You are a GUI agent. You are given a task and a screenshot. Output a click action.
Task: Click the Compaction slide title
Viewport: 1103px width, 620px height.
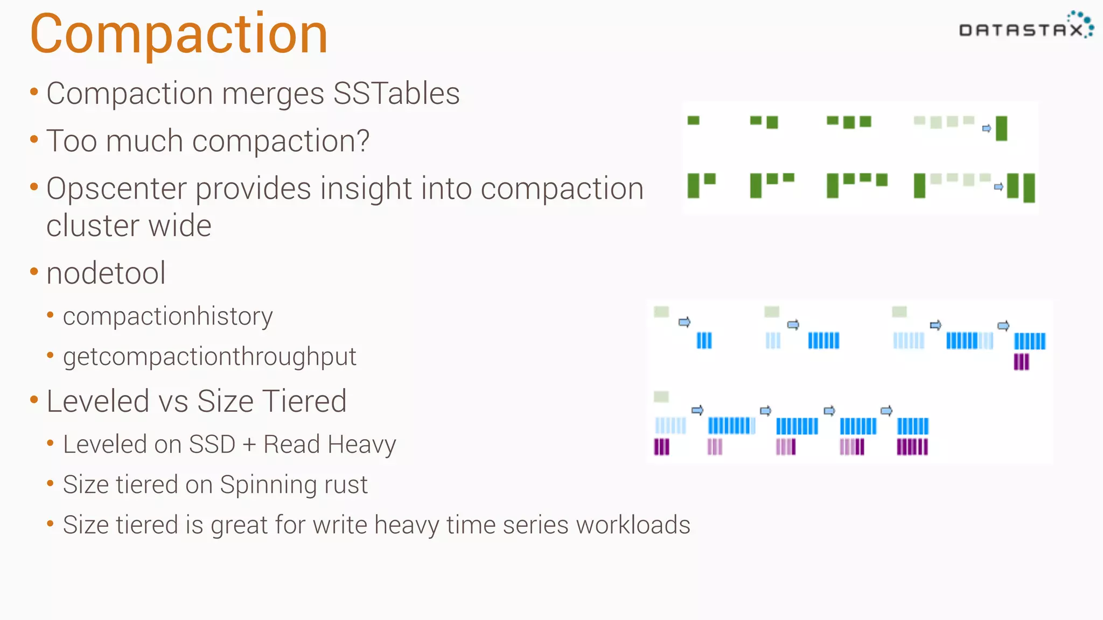click(179, 34)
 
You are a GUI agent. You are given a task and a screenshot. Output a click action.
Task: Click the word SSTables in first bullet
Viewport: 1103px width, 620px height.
click(396, 94)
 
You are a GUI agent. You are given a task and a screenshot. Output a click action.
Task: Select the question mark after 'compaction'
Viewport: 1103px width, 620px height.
click(362, 141)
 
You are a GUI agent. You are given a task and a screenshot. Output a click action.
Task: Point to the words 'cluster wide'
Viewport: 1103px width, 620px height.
click(129, 226)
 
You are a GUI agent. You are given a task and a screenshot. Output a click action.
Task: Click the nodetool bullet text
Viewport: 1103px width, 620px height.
click(106, 273)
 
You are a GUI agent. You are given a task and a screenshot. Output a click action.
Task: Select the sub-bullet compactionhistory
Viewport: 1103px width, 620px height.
click(167, 316)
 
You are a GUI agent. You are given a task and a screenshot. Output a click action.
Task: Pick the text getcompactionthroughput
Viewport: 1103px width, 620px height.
click(210, 357)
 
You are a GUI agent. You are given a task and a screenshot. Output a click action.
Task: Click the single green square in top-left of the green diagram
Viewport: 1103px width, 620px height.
click(693, 121)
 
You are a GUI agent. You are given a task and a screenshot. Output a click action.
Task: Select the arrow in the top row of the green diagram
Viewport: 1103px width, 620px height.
click(986, 128)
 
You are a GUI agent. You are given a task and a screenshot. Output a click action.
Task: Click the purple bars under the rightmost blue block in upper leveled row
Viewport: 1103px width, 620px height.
click(1021, 362)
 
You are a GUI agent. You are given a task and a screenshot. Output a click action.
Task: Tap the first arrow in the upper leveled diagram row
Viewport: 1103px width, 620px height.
click(684, 322)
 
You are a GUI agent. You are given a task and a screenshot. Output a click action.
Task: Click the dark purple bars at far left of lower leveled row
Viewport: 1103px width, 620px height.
click(661, 447)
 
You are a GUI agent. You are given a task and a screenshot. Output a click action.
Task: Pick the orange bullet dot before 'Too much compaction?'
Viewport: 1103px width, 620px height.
click(34, 140)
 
